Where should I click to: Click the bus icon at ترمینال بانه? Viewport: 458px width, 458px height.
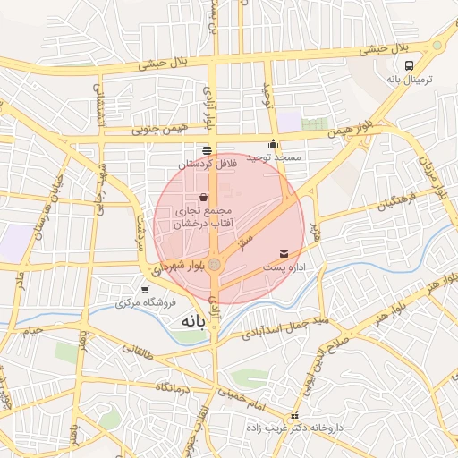tap(410, 65)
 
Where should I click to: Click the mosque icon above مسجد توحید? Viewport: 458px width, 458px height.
tap(273, 143)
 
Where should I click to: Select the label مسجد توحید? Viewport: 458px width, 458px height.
tap(276, 157)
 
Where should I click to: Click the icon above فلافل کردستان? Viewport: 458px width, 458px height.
tap(208, 149)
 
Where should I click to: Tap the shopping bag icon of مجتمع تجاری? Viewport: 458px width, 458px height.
tap(204, 197)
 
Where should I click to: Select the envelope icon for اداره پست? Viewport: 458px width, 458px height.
tap(284, 255)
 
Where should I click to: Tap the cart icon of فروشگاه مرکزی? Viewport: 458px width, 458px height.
tap(145, 289)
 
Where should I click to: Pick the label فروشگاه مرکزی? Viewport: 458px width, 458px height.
tap(143, 302)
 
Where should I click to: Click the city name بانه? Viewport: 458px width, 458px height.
tap(192, 320)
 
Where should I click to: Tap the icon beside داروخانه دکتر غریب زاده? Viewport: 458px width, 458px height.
tap(294, 417)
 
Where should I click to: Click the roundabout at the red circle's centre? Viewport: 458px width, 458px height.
tap(215, 264)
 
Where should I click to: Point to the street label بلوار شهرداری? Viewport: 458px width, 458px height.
tap(180, 266)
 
